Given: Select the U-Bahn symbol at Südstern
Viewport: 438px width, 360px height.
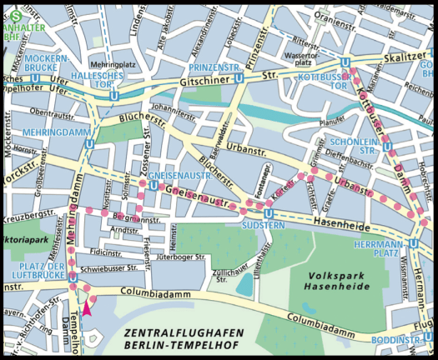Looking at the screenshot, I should tap(265, 212).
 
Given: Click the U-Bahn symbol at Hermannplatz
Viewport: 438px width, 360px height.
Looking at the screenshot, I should tap(414, 213).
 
